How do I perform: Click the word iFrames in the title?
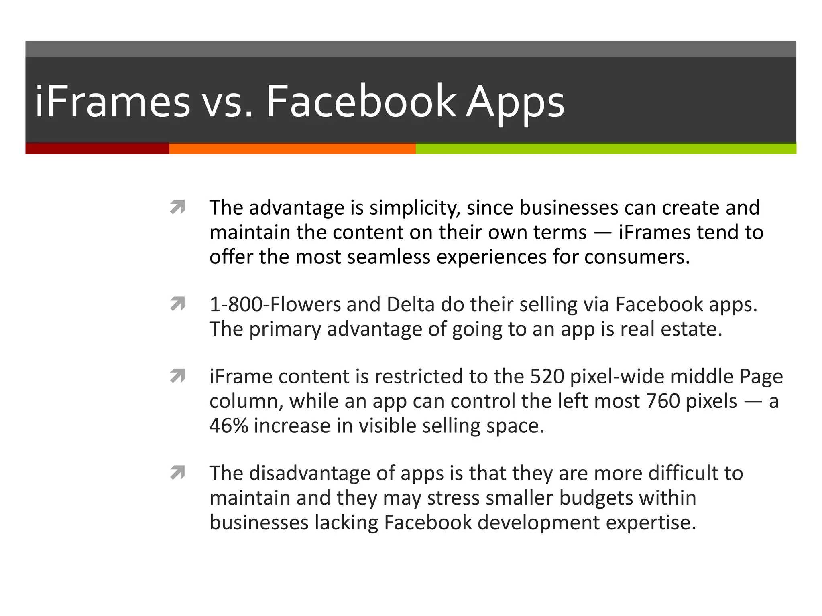(x=112, y=101)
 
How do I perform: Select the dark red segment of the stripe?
(x=97, y=148)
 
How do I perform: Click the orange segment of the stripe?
(x=292, y=148)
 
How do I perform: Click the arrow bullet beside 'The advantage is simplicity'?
(x=177, y=207)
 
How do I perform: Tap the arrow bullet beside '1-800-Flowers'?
(x=177, y=304)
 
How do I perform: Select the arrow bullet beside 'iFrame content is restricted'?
(x=177, y=376)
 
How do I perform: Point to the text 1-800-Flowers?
(x=275, y=304)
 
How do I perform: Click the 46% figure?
(x=228, y=426)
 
